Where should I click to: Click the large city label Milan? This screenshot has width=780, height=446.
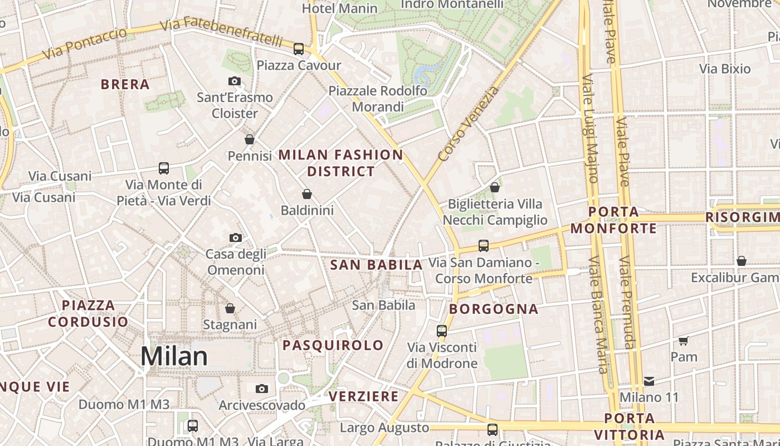[x=174, y=356]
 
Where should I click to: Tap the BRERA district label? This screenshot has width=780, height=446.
[x=125, y=84]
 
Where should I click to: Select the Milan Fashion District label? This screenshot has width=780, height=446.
[x=340, y=163]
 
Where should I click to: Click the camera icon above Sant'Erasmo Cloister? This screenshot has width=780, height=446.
[x=235, y=81]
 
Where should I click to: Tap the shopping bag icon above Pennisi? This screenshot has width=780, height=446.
[x=250, y=139]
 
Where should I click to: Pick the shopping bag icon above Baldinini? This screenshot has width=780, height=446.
[x=307, y=194]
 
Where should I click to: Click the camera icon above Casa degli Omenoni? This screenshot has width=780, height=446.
[x=236, y=238]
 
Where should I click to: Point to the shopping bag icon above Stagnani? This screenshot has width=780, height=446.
[x=230, y=308]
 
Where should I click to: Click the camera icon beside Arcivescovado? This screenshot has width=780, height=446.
[x=262, y=389]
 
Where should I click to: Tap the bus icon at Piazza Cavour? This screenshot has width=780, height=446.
[x=299, y=49]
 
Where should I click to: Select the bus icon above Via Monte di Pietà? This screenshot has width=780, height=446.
[x=164, y=168]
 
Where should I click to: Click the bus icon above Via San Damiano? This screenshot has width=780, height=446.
[x=484, y=246]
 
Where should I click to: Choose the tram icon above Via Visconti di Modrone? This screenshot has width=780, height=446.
[x=442, y=331]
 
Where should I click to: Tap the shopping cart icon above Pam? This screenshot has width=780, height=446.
[x=684, y=341]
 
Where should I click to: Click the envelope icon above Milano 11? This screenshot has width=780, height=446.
[x=649, y=381]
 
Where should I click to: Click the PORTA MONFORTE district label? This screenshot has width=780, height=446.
[x=613, y=220]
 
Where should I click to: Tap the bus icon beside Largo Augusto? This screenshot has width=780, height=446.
[x=493, y=429]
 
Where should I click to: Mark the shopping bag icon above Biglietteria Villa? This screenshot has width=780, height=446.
[x=495, y=187]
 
